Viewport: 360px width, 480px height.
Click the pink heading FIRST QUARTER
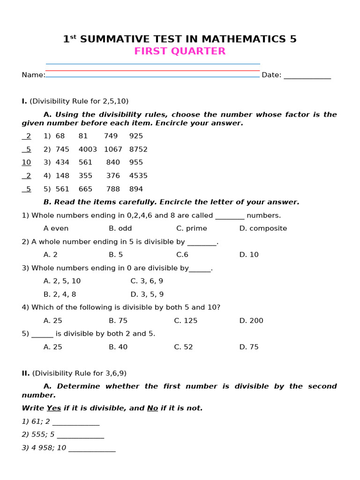[180, 52]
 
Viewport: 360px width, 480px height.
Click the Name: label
[33, 75]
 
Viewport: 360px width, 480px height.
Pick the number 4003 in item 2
[88, 149]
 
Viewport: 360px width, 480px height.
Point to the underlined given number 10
[26, 162]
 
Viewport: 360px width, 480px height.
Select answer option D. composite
[263, 228]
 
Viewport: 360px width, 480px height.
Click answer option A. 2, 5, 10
[62, 281]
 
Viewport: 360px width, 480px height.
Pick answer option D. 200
[251, 321]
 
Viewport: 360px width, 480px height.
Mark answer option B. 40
[118, 347]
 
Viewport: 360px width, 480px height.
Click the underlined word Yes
[54, 408]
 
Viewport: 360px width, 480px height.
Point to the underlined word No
[152, 408]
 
